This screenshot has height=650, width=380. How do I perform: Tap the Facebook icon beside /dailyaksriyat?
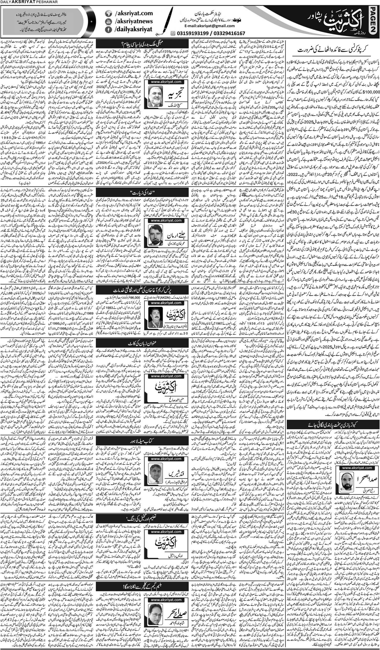108,30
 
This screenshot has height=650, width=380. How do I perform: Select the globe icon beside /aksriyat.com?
108,13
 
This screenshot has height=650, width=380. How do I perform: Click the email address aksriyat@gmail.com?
209,26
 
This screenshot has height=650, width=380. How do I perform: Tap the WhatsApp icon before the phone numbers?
173,33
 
